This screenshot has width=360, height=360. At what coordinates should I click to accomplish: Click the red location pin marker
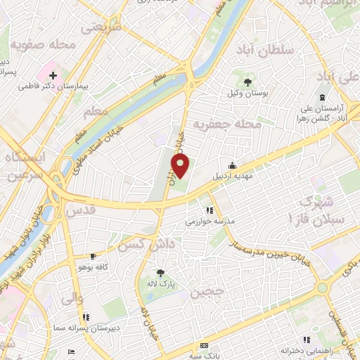click(x=181, y=167)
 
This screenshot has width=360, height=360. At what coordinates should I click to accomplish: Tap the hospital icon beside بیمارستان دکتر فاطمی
click(x=53, y=74)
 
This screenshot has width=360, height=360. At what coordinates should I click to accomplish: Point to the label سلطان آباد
click(x=264, y=51)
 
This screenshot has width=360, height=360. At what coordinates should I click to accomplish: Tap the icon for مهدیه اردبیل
click(x=232, y=166)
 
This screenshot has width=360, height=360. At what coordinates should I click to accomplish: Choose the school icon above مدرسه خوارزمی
click(x=209, y=210)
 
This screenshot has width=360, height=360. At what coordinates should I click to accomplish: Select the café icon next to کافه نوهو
click(x=93, y=257)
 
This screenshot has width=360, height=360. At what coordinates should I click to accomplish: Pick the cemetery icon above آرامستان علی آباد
click(x=322, y=97)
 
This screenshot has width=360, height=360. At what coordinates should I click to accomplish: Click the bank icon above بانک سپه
click(x=204, y=346)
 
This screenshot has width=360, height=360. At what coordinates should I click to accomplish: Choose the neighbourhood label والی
click(x=73, y=299)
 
